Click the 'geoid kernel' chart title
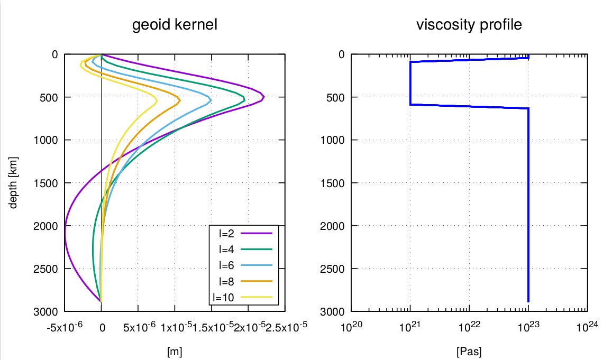[x=175, y=25]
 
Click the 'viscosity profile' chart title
[x=469, y=25]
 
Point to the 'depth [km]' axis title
[x=14, y=182]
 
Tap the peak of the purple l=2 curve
[x=263, y=97]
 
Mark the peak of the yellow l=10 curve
[x=157, y=99]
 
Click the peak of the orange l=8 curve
[x=180, y=99]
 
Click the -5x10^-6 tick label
[x=64, y=327]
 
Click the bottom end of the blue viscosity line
[x=528, y=301]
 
